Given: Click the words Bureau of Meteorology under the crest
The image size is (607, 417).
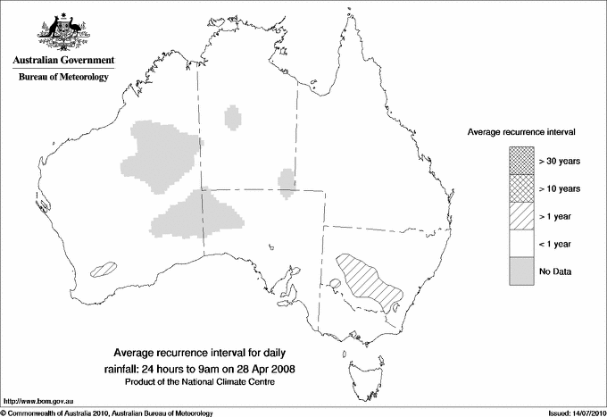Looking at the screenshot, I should click(62, 77).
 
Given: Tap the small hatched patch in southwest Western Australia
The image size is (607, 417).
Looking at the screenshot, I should click(105, 266).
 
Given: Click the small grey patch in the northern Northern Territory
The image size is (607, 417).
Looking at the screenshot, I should click(234, 117).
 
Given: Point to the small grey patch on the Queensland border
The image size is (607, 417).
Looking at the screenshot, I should click(287, 180).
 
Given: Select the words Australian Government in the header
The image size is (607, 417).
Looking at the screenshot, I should click(62, 61).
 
